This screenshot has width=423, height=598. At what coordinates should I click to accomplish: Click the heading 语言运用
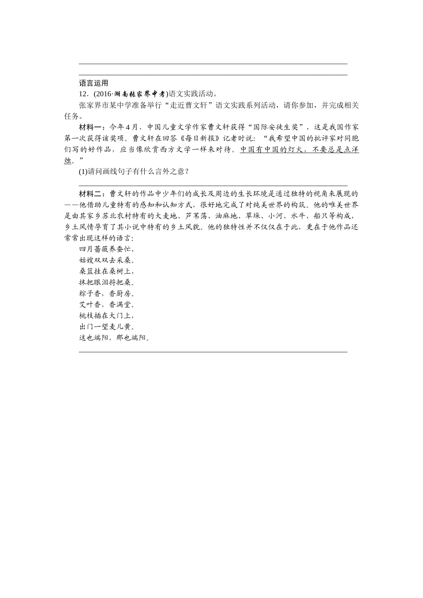click(94, 83)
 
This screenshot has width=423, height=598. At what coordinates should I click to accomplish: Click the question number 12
click(83, 94)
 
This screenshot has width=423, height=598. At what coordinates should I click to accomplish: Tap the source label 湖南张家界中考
click(139, 94)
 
